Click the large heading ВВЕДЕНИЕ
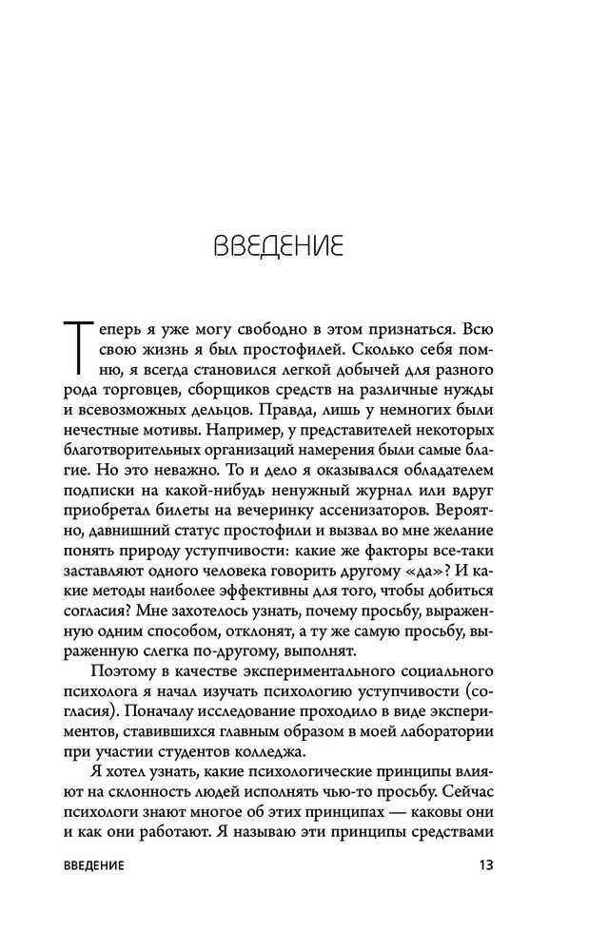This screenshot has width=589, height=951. pos(277,246)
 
